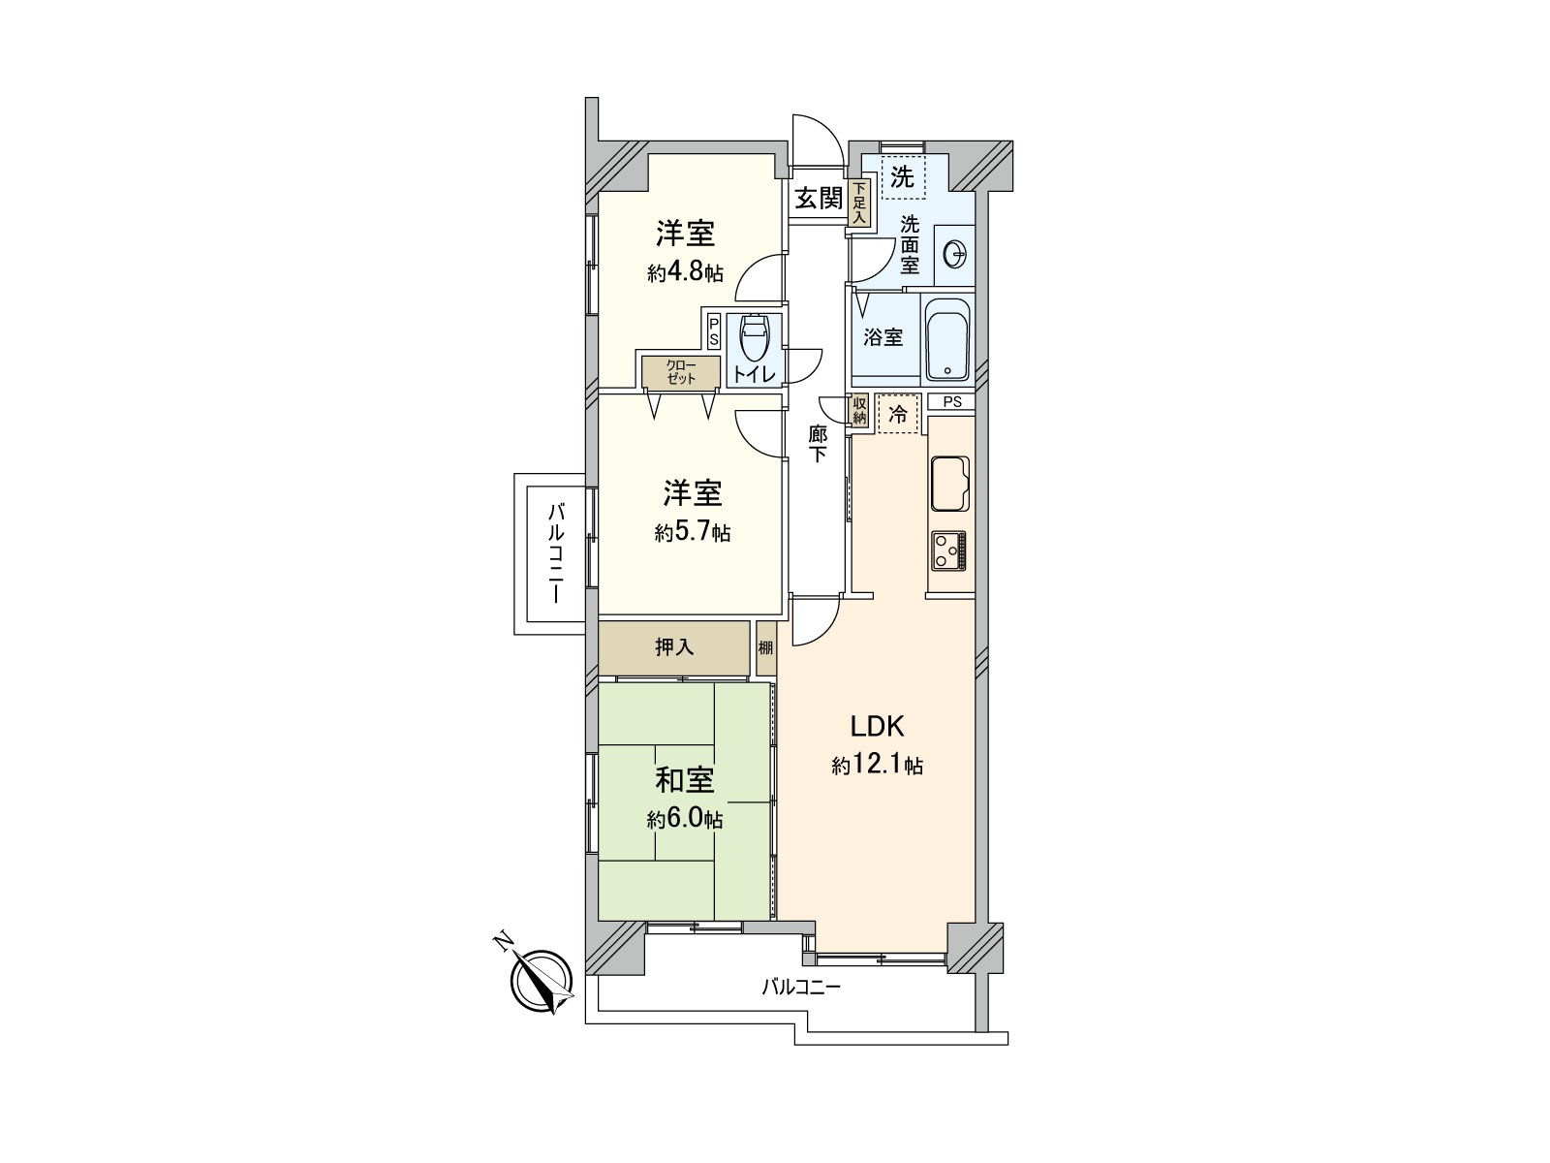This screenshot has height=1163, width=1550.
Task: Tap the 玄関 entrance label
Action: click(819, 199)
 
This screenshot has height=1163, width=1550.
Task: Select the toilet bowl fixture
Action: click(754, 341)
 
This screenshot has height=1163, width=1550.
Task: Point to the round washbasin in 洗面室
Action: click(954, 255)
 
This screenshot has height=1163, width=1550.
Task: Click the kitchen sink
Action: click(949, 483)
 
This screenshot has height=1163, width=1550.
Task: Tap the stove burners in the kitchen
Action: click(949, 550)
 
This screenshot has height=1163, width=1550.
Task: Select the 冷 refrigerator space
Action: click(898, 415)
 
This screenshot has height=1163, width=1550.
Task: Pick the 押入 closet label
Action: click(674, 647)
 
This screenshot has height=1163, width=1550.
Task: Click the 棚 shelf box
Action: click(766, 647)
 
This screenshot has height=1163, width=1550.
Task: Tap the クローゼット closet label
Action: click(680, 371)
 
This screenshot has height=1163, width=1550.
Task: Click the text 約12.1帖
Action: click(877, 766)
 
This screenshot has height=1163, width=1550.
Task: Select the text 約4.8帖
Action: click(685, 272)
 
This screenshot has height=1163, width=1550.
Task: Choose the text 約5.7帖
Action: click(692, 532)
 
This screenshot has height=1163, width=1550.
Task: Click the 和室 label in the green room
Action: click(685, 780)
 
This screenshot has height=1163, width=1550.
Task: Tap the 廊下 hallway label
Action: click(818, 443)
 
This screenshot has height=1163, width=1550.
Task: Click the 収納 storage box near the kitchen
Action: click(859, 411)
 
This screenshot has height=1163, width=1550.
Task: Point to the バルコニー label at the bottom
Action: click(800, 988)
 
